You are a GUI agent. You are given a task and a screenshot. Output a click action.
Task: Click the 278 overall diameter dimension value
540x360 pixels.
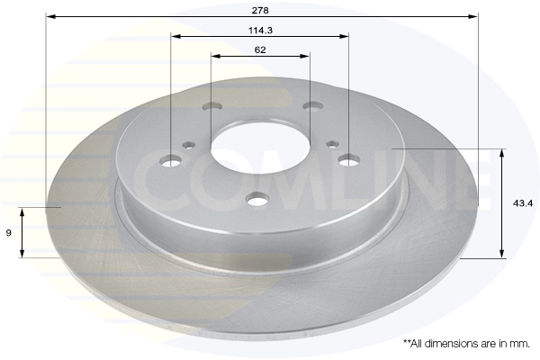click(260, 10)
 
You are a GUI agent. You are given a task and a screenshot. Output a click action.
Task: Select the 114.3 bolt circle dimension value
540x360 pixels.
click(260, 31)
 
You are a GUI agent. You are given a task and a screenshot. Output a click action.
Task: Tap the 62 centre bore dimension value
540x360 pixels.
click(260, 49)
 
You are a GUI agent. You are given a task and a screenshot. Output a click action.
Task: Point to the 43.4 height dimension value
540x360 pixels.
click(523, 203)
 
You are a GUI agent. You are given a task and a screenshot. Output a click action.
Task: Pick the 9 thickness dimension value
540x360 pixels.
click(9, 233)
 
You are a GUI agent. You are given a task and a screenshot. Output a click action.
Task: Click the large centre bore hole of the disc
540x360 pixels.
click(261, 148)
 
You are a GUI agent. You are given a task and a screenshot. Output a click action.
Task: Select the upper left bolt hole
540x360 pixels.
click(212, 106)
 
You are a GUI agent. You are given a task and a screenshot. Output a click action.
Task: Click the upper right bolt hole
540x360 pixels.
click(312, 105)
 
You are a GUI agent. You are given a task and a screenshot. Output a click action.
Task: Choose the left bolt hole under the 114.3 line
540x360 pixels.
click(171, 160)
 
